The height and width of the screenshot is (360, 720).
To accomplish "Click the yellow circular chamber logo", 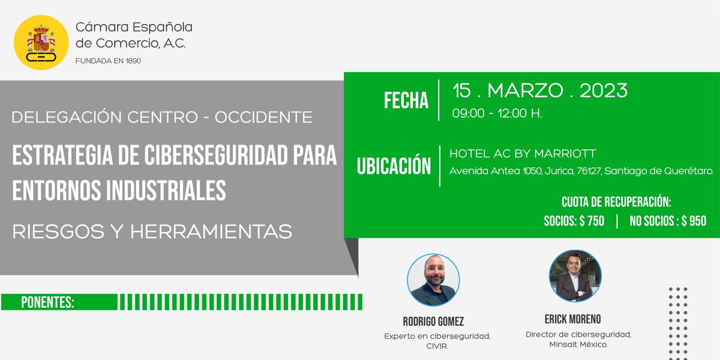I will [x=41, y=43].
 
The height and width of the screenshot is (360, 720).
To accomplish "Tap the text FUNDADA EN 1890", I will [x=108, y=61].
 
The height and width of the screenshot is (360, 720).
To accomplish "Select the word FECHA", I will [x=406, y=101].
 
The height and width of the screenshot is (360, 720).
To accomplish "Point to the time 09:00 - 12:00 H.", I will [x=497, y=113].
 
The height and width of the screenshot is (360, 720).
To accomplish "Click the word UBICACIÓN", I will [x=394, y=166].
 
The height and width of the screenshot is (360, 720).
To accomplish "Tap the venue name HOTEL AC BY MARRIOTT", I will [x=523, y=154].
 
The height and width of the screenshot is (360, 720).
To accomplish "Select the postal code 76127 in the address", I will [x=588, y=172].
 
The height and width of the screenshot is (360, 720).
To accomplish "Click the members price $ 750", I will [x=592, y=221].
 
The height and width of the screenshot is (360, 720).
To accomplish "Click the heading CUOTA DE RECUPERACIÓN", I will [x=616, y=202].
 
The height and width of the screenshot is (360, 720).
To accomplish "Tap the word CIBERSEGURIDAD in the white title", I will [x=204, y=155].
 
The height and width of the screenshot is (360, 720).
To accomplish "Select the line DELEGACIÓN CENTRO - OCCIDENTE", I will [x=162, y=117].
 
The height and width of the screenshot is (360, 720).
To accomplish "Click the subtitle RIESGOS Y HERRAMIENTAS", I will [x=152, y=231].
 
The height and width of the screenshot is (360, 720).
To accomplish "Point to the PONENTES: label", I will [x=48, y=302].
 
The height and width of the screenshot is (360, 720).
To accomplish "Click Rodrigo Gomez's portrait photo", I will [x=433, y=280].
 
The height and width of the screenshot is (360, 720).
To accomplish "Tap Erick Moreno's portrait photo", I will [x=575, y=276].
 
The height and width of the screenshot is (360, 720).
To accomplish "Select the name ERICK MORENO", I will [x=572, y=319].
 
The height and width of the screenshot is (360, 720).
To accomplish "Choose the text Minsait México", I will [x=578, y=344].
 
